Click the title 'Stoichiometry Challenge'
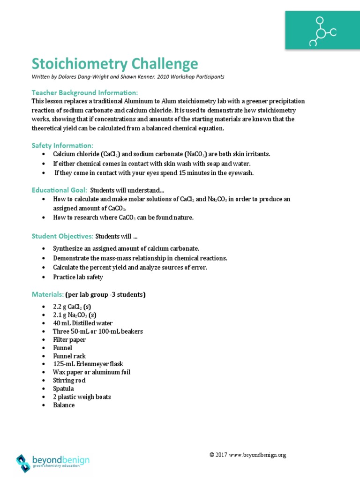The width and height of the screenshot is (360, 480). click(x=115, y=64)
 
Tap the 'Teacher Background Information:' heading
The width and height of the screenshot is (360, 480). click(x=85, y=92)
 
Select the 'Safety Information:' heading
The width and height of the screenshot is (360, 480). click(x=62, y=145)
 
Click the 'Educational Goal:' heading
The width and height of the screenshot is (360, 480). click(x=59, y=190)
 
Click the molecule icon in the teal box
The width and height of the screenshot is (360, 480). click(x=322, y=32)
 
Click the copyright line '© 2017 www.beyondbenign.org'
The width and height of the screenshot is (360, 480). click(x=247, y=455)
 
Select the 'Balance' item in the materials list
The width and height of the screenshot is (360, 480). click(x=64, y=405)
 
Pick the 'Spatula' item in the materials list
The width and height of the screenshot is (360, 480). click(x=64, y=389)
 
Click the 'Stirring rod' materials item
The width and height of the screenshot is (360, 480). click(x=69, y=380)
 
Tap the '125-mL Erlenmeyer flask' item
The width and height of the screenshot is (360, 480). click(x=88, y=364)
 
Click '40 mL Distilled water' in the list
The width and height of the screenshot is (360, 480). click(x=82, y=323)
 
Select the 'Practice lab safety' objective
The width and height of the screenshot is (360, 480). click(x=78, y=277)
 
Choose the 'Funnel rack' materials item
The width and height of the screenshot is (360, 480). click(x=69, y=356)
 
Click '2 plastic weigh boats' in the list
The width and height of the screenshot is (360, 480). click(x=82, y=397)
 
